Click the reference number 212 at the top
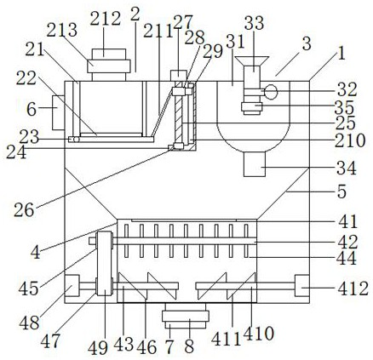pyautogui.click(x=106, y=19)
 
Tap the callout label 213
pyautogui.click(x=62, y=30)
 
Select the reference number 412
pyautogui.click(x=353, y=289)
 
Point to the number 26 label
pyautogui.click(x=24, y=210)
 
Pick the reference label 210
pyautogui.click(x=350, y=140)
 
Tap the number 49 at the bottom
pyautogui.click(x=98, y=348)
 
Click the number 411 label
pyautogui.click(x=226, y=339)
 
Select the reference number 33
pyautogui.click(x=254, y=23)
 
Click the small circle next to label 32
pyautogui.click(x=271, y=92)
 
